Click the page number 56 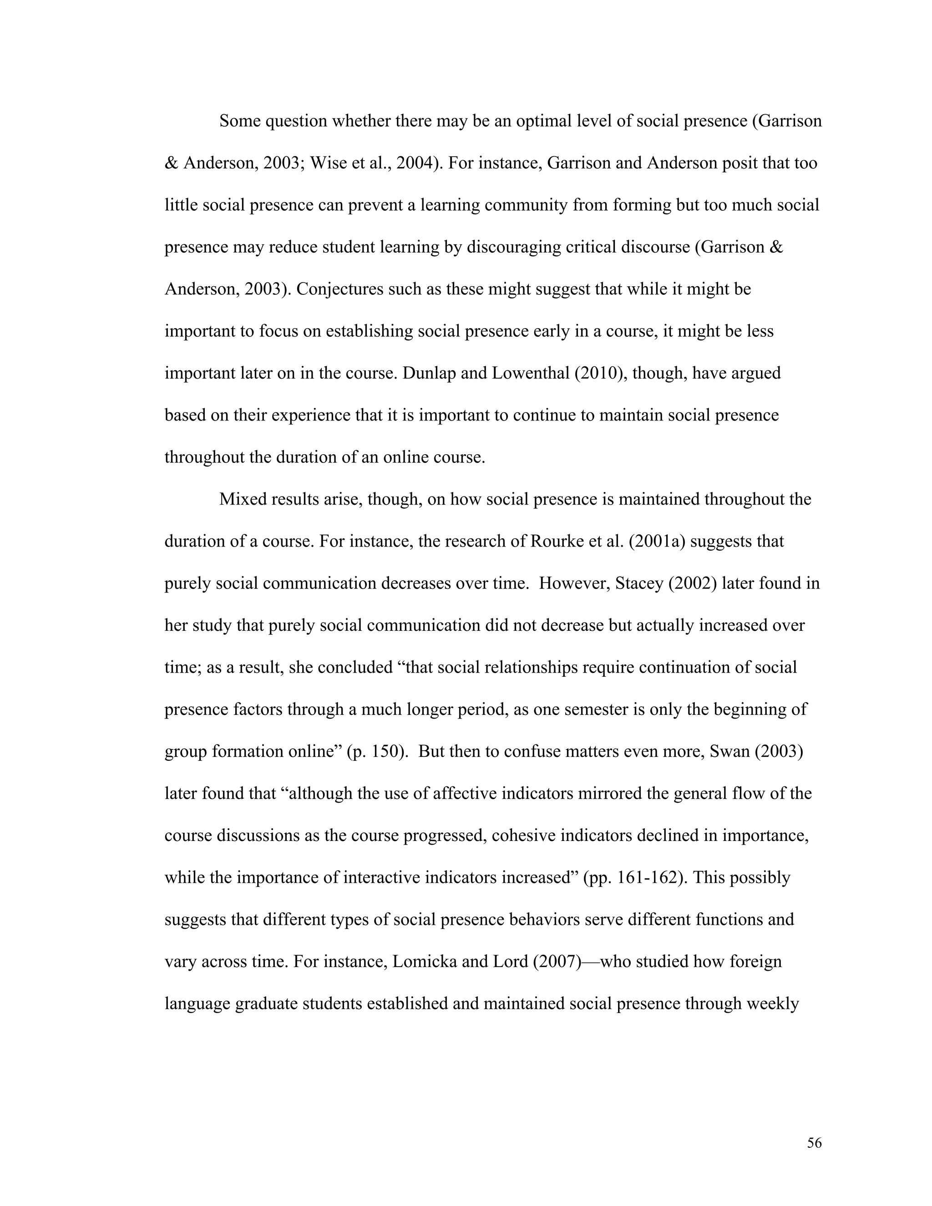[x=814, y=1143]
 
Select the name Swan [x=730, y=751]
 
